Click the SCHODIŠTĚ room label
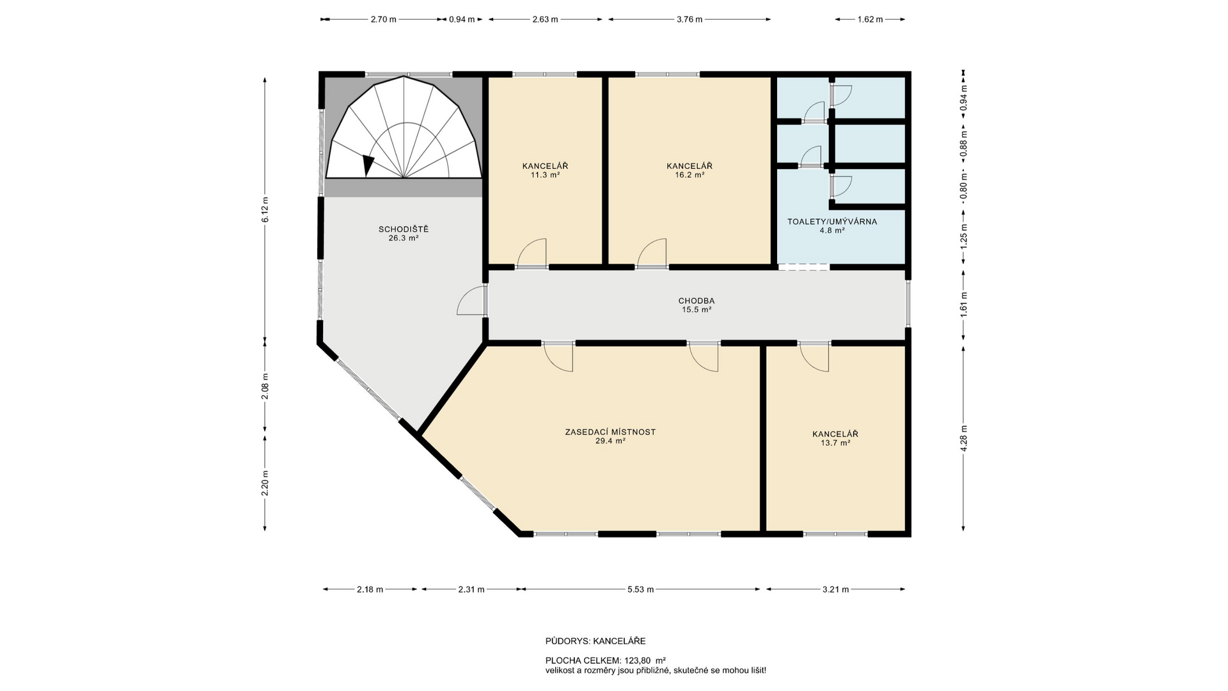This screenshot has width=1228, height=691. point(403,229)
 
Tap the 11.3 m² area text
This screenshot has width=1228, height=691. point(545,175)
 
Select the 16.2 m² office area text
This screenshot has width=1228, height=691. point(689,175)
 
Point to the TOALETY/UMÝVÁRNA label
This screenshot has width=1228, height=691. point(831,222)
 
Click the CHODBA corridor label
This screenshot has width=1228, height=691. point(696,301)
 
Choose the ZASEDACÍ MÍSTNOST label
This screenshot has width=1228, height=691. point(610,432)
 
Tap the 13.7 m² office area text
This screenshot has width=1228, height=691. point(835,443)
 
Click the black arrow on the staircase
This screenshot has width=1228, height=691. point(368,165)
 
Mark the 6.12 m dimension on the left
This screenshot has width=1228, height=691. point(265,210)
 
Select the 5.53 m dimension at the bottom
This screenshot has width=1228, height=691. point(640,589)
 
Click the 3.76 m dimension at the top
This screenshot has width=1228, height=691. point(689,19)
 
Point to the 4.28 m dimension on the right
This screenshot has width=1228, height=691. point(964,438)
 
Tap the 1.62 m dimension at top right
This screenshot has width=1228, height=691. point(870,19)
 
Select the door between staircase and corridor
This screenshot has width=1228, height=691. point(472,301)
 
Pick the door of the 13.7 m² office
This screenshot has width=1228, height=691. point(814,357)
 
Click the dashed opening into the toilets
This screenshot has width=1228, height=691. point(803,267)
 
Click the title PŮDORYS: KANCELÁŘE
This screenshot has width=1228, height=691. point(595,641)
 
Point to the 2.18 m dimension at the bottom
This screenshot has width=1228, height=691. point(370,589)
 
